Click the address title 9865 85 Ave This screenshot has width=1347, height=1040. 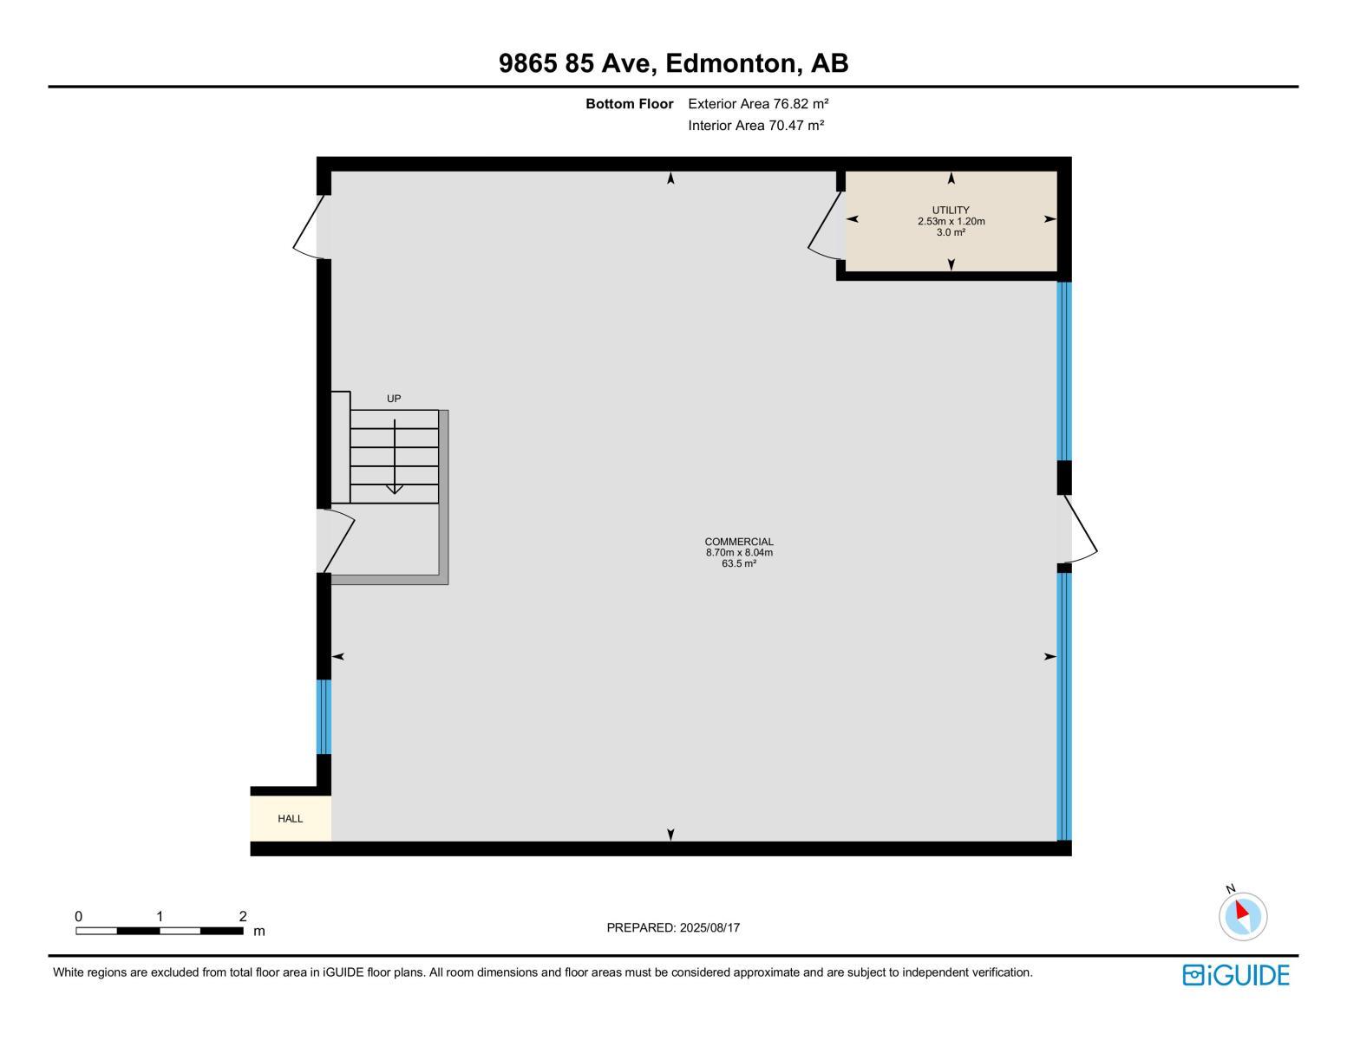click(673, 63)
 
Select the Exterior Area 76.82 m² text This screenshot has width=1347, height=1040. click(758, 104)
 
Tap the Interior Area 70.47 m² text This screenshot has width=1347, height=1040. click(755, 126)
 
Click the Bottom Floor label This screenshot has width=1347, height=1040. click(629, 104)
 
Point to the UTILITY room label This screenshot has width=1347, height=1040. click(951, 210)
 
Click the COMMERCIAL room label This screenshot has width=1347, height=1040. click(738, 542)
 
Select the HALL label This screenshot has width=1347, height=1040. click(290, 819)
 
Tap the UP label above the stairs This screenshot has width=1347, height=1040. click(394, 399)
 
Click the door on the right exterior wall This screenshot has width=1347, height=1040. click(1079, 527)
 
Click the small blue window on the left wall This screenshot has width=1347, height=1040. click(324, 717)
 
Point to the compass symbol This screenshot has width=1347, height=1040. click(1242, 916)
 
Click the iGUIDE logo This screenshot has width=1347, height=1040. click(1235, 975)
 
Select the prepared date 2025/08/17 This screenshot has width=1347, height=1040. click(673, 928)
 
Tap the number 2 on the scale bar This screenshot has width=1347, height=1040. click(243, 916)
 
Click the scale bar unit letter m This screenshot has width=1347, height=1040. click(258, 932)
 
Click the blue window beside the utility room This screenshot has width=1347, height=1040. click(1064, 371)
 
